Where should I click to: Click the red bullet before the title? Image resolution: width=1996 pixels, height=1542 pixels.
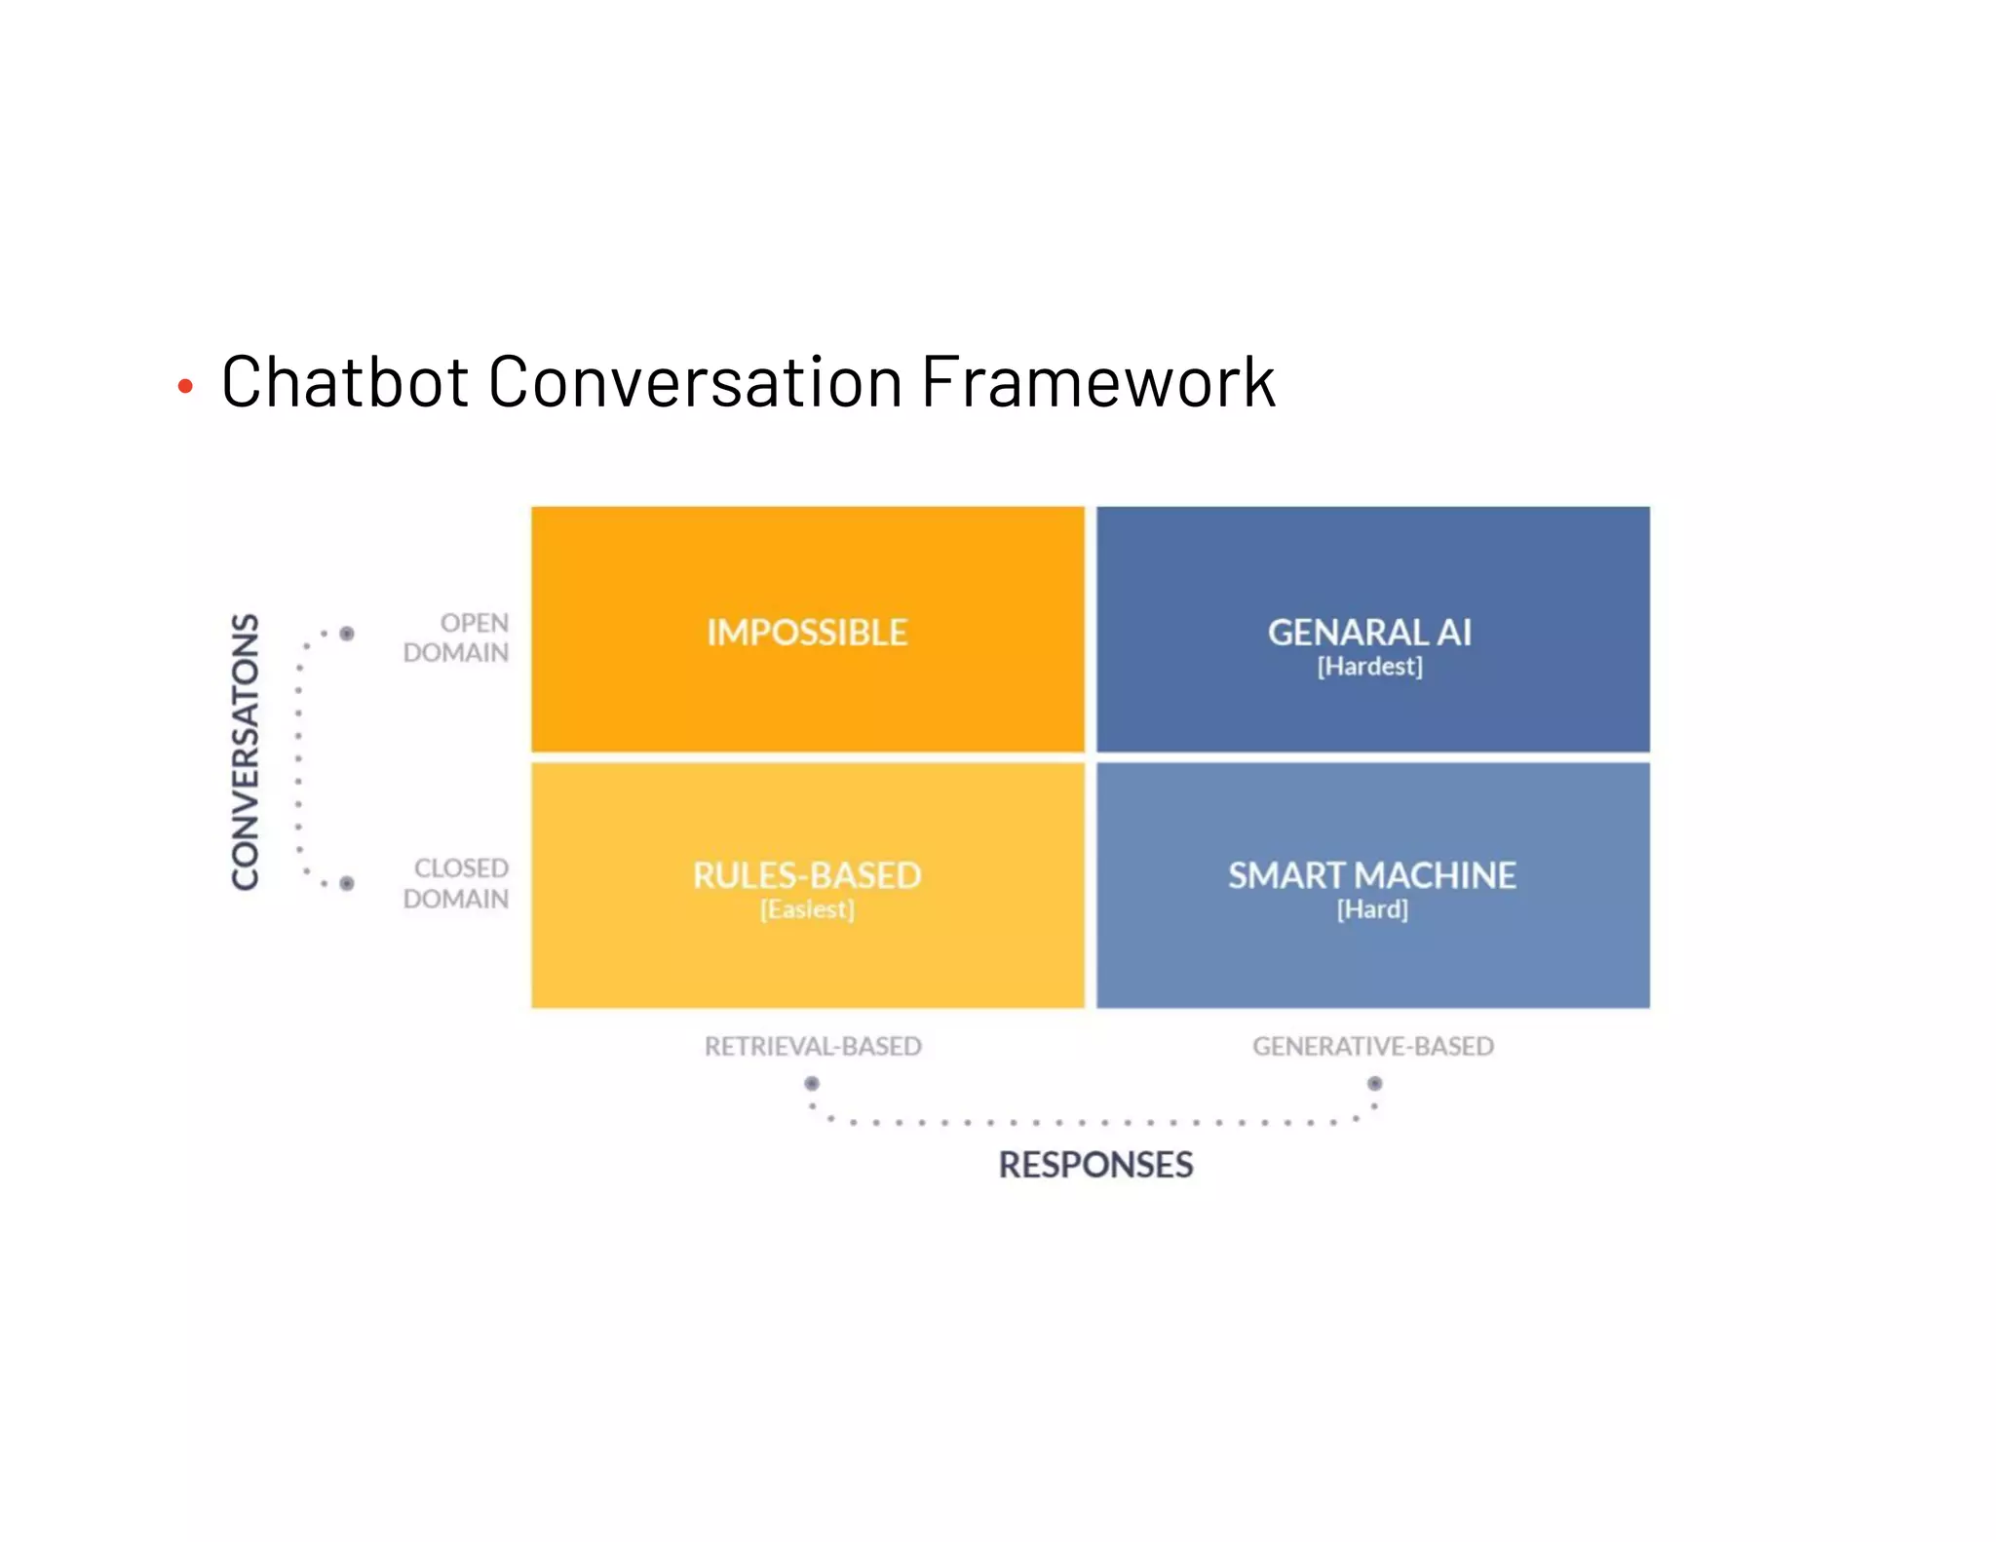pos(185,387)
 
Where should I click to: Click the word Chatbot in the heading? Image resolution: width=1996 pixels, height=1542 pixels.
pos(345,381)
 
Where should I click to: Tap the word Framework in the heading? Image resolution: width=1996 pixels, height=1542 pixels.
pos(1097,381)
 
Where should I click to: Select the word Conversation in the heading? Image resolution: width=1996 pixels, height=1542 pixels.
pos(695,381)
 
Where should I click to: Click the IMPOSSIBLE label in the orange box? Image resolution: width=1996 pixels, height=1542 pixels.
pos(807,633)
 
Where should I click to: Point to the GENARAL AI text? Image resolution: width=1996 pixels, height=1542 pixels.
pos(1369,633)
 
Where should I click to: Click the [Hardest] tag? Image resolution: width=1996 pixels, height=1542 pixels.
pos(1369,667)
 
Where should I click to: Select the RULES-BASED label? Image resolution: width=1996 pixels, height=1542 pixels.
pos(807,875)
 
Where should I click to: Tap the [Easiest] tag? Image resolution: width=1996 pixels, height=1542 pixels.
pos(807,909)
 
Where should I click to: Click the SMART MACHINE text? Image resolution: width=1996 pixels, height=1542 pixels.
pos(1371,875)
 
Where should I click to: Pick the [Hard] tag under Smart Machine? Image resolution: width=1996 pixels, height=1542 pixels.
pos(1372,909)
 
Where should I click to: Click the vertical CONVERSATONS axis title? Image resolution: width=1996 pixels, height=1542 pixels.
pos(246,752)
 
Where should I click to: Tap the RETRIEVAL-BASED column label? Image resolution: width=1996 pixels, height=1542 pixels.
pos(813,1046)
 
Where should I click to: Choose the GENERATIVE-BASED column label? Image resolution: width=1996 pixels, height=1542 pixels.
pos(1372,1046)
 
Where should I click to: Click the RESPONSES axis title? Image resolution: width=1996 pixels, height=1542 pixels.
pos(1095,1165)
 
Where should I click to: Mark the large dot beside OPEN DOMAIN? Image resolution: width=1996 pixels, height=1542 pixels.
pos(347,634)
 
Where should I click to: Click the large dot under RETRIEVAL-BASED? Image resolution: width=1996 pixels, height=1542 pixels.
pos(812,1083)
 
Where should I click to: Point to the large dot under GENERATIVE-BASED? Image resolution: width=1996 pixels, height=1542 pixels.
pos(1374,1083)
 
